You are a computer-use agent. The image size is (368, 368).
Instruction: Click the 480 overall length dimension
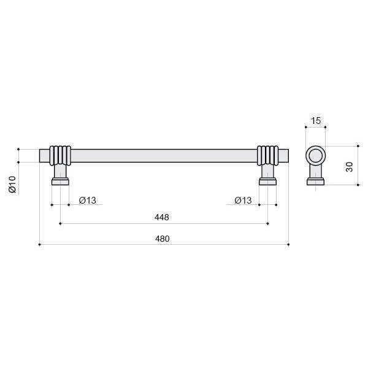[x=162, y=239]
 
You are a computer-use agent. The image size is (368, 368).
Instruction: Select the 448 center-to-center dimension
[x=162, y=217]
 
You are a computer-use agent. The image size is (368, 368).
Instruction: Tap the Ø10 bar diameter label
[x=12, y=185]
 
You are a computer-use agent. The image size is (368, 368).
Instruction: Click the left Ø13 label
[x=88, y=201]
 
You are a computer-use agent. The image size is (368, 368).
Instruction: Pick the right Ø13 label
[x=243, y=201]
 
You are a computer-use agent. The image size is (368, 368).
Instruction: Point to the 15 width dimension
[x=316, y=121]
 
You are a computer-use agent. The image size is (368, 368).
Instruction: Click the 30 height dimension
[x=350, y=167]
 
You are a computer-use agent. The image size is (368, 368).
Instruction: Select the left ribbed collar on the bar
[x=60, y=156]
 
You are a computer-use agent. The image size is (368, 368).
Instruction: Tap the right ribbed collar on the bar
[x=268, y=156]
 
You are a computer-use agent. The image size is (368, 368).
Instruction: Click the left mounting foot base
[x=60, y=182]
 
